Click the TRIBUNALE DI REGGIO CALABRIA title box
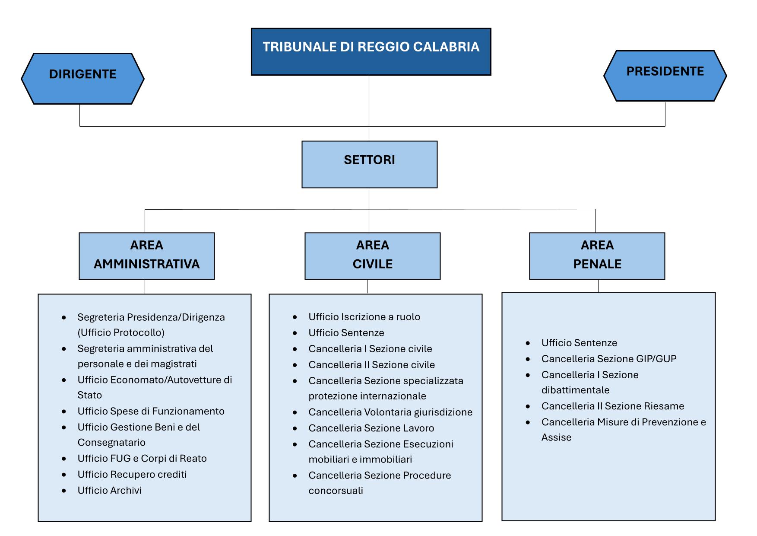tap(371, 51)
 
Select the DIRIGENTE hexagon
tap(82, 78)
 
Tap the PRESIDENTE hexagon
tap(665, 76)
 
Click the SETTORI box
tap(369, 164)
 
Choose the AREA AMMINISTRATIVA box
tap(146, 256)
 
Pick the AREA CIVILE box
tap(372, 256)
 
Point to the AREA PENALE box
tap(597, 256)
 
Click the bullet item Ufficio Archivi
tap(109, 490)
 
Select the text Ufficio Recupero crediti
tap(132, 474)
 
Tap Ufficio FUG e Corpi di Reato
tap(142, 458)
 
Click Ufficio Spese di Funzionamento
tap(151, 411)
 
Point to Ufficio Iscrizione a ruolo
tap(364, 317)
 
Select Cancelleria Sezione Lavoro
tap(371, 428)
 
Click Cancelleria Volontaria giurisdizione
tap(390, 412)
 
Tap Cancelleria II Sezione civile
tap(371, 365)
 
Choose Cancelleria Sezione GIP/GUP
tap(608, 359)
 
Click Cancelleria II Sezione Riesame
tap(612, 406)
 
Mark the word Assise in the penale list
tap(556, 437)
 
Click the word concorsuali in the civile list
tap(336, 491)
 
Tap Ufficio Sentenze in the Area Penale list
tap(579, 343)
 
